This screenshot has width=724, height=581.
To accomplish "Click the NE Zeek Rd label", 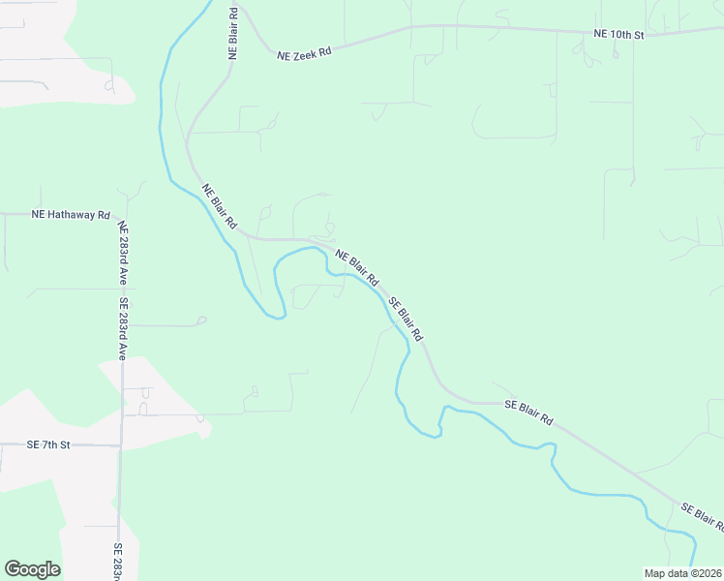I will point(305,51).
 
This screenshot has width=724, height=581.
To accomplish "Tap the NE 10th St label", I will point(618,34).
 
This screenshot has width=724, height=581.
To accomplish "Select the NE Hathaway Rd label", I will point(71,214).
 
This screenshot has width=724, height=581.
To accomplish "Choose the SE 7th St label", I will point(49,444).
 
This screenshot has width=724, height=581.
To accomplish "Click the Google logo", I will point(32,569).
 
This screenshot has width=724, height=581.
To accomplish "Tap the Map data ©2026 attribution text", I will point(682,573).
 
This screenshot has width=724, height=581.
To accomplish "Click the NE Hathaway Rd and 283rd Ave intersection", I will point(119,214).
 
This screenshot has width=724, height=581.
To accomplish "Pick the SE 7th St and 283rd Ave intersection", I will point(120,445).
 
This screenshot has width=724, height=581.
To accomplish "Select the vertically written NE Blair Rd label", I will point(233,34).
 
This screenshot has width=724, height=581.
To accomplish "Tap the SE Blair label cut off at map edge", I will point(703,516).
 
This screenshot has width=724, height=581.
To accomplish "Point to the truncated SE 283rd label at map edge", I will point(118,562).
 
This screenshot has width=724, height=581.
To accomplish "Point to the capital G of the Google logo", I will point(13,568).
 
